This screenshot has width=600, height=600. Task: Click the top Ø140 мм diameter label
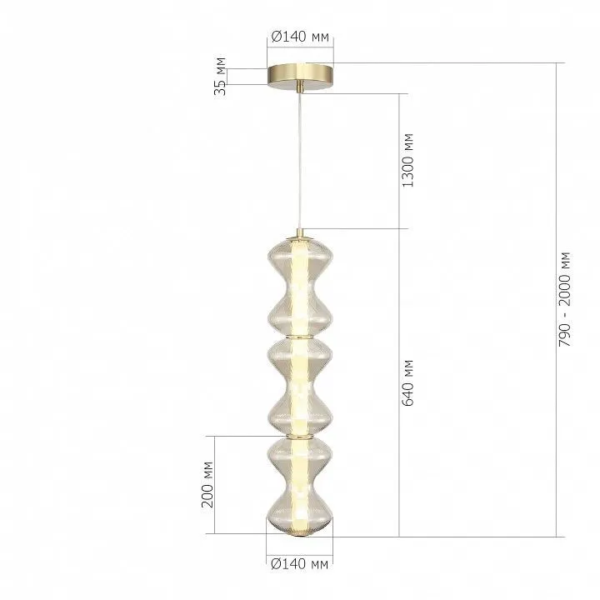point(300,37)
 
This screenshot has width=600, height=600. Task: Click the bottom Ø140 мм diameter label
point(300,564)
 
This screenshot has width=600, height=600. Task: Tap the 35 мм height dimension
point(220,76)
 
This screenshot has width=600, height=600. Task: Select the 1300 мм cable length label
point(408,160)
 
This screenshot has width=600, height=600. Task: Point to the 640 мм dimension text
point(408,382)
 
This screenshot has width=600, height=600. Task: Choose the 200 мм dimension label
point(207,484)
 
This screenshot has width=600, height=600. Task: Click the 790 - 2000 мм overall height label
point(564,300)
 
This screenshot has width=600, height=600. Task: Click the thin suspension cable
point(300,161)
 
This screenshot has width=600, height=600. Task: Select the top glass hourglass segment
point(300,286)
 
